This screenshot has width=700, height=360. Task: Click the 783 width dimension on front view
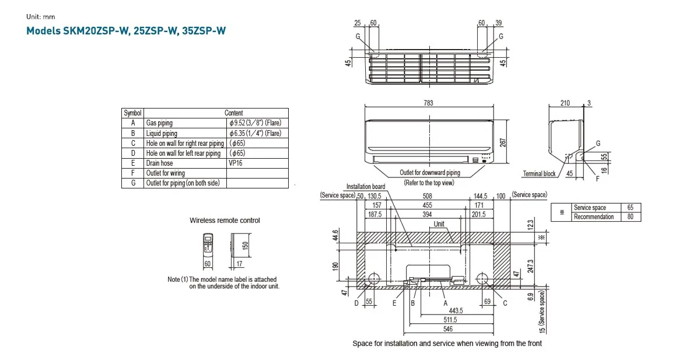click(428, 103)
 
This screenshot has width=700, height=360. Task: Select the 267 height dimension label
click(502, 142)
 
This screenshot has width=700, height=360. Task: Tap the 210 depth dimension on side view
click(565, 103)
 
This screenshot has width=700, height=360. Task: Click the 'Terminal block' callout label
click(539, 174)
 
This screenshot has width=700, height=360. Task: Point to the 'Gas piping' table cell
click(159, 123)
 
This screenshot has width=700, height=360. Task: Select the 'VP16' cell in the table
click(236, 163)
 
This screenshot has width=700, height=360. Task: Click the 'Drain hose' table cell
click(159, 163)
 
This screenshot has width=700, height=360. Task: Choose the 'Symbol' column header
click(133, 113)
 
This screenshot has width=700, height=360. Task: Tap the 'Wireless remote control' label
click(225, 221)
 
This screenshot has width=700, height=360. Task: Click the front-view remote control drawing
click(208, 245)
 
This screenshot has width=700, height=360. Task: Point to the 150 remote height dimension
click(246, 245)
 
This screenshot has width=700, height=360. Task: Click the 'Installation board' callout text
click(366, 187)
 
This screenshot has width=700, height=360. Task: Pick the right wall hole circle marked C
click(482, 278)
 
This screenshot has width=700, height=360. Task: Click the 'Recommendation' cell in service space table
click(593, 217)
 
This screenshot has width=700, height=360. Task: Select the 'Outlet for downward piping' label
click(429, 173)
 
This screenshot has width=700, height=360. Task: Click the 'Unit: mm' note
click(41, 17)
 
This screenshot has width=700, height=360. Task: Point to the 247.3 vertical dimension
click(529, 266)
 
